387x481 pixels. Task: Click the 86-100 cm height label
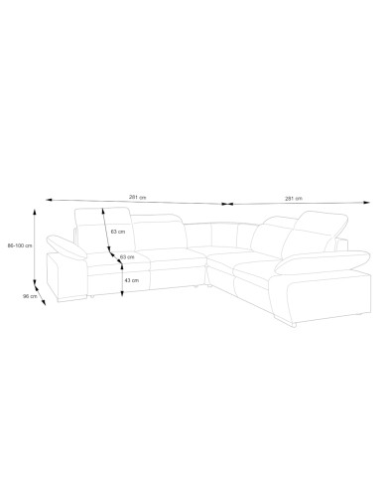click(20, 245)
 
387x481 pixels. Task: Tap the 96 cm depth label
click(30, 296)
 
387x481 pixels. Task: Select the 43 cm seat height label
click(132, 280)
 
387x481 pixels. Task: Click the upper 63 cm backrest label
click(118, 232)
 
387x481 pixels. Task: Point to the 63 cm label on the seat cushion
click(127, 256)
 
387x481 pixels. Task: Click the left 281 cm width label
click(137, 197)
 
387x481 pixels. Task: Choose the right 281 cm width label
click(294, 199)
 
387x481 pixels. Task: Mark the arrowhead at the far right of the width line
click(366, 202)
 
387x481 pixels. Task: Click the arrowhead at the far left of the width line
click(50, 200)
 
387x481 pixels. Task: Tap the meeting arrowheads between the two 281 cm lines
click(227, 204)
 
